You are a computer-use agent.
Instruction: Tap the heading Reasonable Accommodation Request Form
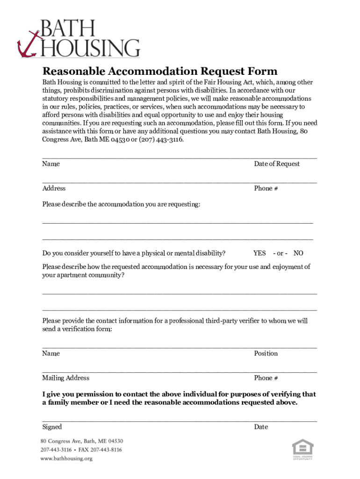click(160, 71)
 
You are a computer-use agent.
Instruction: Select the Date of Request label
click(277, 164)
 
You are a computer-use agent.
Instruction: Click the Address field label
click(54, 188)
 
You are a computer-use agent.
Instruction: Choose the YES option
click(259, 253)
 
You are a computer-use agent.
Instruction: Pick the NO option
click(298, 253)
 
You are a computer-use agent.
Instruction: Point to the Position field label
click(266, 353)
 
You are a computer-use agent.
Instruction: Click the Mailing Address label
click(66, 377)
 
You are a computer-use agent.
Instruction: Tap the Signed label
click(52, 427)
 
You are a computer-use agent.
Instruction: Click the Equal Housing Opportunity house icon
click(302, 448)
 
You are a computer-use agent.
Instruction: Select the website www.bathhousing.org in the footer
click(66, 458)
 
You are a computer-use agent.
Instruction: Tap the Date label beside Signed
click(261, 427)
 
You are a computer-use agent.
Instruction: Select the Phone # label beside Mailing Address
click(266, 377)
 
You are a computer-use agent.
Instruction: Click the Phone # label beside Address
click(266, 188)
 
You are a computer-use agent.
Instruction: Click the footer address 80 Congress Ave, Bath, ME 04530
click(82, 441)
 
